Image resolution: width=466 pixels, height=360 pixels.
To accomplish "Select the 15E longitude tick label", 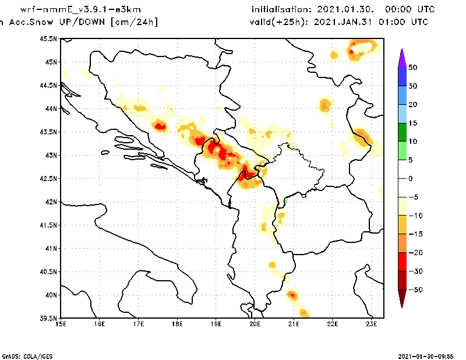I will pyautogui.click(x=61, y=323).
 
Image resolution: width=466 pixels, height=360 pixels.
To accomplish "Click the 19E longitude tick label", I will pyautogui.click(x=216, y=323).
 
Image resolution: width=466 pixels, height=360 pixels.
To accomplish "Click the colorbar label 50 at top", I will pyautogui.click(x=412, y=68).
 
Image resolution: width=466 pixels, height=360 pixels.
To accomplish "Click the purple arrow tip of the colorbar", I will pyautogui.click(x=401, y=56).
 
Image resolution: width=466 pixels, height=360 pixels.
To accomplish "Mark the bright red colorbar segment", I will pyautogui.click(x=401, y=262).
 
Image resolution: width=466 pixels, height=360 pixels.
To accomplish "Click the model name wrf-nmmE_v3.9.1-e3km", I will pyautogui.click(x=80, y=10).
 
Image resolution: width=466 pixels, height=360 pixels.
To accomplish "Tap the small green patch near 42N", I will pyautogui.click(x=286, y=201).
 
